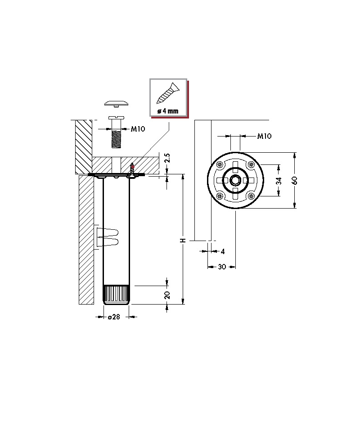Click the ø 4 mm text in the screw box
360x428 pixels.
(168, 111)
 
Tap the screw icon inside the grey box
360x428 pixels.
(168, 94)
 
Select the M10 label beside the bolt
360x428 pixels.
(138, 129)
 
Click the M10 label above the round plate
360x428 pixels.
(264, 136)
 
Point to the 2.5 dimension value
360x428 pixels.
(167, 158)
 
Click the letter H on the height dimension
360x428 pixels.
(183, 241)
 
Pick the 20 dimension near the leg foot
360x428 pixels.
(167, 295)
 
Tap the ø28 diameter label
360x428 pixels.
(114, 317)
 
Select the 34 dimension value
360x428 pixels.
(279, 181)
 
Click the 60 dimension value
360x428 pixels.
(295, 180)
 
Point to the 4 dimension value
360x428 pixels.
(223, 251)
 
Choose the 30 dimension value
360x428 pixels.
(222, 267)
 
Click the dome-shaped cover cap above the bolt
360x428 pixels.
(117, 104)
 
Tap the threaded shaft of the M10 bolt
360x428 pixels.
(117, 139)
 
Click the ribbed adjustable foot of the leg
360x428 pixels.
(117, 295)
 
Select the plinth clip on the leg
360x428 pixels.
(107, 237)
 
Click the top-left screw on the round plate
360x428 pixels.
(220, 165)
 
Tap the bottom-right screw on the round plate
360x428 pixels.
(251, 196)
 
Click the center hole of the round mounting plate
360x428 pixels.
(235, 180)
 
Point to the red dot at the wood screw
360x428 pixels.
(133, 166)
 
